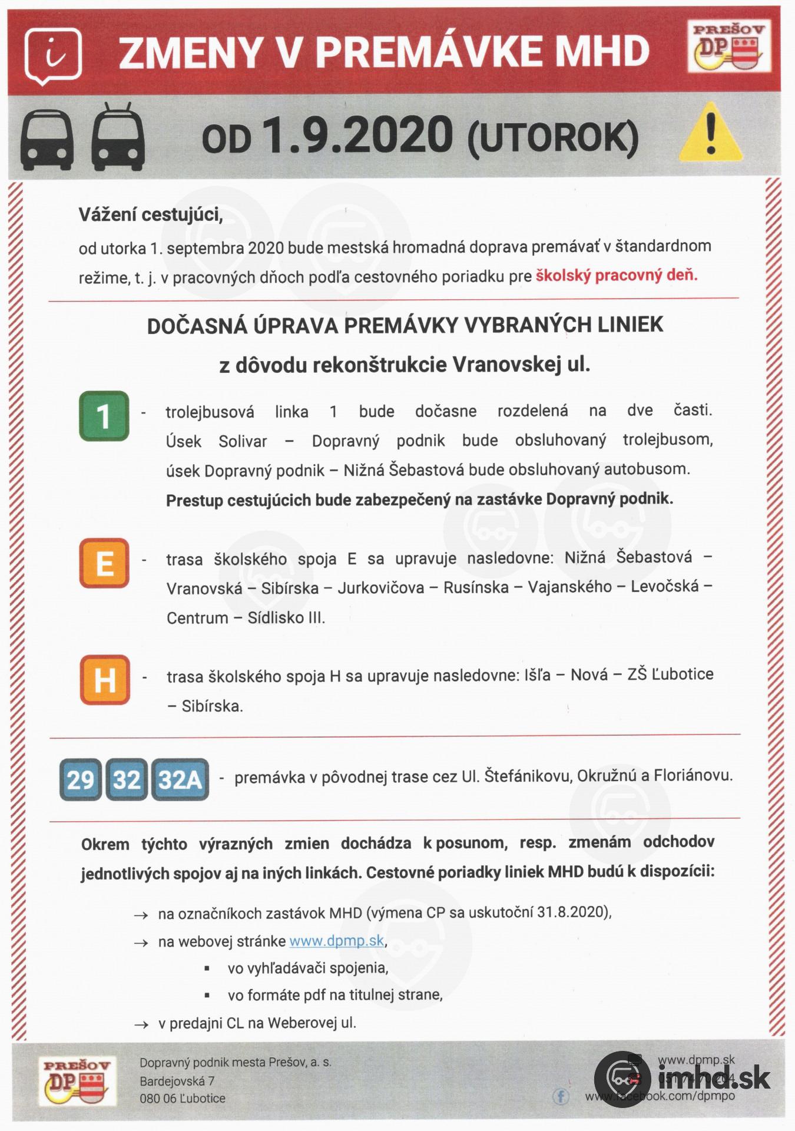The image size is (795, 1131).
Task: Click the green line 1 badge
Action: pyautogui.click(x=104, y=416)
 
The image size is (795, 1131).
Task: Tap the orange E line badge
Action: pyautogui.click(x=104, y=563)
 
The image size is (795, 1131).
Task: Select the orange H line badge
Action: pyautogui.click(x=104, y=680)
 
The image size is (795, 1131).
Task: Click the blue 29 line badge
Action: pyautogui.click(x=81, y=780)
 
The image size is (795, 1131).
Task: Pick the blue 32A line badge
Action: pyautogui.click(x=180, y=780)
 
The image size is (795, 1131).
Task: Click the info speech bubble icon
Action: pyautogui.click(x=55, y=55)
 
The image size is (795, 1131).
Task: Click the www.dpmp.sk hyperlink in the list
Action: pyautogui.click(x=336, y=941)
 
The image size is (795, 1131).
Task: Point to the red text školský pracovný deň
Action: pyautogui.click(x=616, y=276)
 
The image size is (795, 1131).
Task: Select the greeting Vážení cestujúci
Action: pyautogui.click(x=151, y=214)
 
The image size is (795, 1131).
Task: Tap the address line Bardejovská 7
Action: pyautogui.click(x=177, y=1081)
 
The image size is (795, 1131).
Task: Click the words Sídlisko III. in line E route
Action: pyautogui.click(x=286, y=618)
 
